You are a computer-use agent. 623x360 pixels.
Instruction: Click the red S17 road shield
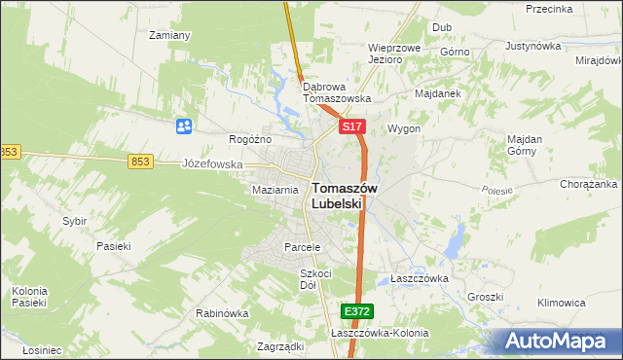[x=353, y=127]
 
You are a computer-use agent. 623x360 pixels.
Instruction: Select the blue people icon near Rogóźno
[x=183, y=126]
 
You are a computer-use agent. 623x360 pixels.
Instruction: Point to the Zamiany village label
[x=168, y=35]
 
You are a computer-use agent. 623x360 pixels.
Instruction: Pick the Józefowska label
[x=212, y=164]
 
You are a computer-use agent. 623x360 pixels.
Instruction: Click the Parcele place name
[x=302, y=247]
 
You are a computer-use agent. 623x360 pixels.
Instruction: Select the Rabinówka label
[x=222, y=313]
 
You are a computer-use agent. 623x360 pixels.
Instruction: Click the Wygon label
[x=404, y=128]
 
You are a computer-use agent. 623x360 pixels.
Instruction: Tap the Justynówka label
[x=534, y=46]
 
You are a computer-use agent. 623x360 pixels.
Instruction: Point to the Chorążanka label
[x=589, y=184]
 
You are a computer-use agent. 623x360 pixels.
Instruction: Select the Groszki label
[x=484, y=297]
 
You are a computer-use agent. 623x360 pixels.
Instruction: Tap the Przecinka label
[x=547, y=9]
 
